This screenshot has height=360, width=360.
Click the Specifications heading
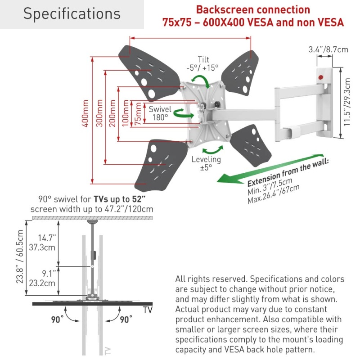[x=72, y=14]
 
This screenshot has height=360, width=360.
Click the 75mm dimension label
[x=138, y=113]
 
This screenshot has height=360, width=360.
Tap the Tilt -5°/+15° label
[x=202, y=63]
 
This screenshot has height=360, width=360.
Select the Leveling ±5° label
[x=206, y=163]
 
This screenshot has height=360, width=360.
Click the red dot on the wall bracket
[x=321, y=77]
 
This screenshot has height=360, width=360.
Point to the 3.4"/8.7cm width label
[x=328, y=49]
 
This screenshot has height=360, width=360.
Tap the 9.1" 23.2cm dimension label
[x=47, y=279]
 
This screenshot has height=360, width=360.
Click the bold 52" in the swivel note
[x=140, y=199]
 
